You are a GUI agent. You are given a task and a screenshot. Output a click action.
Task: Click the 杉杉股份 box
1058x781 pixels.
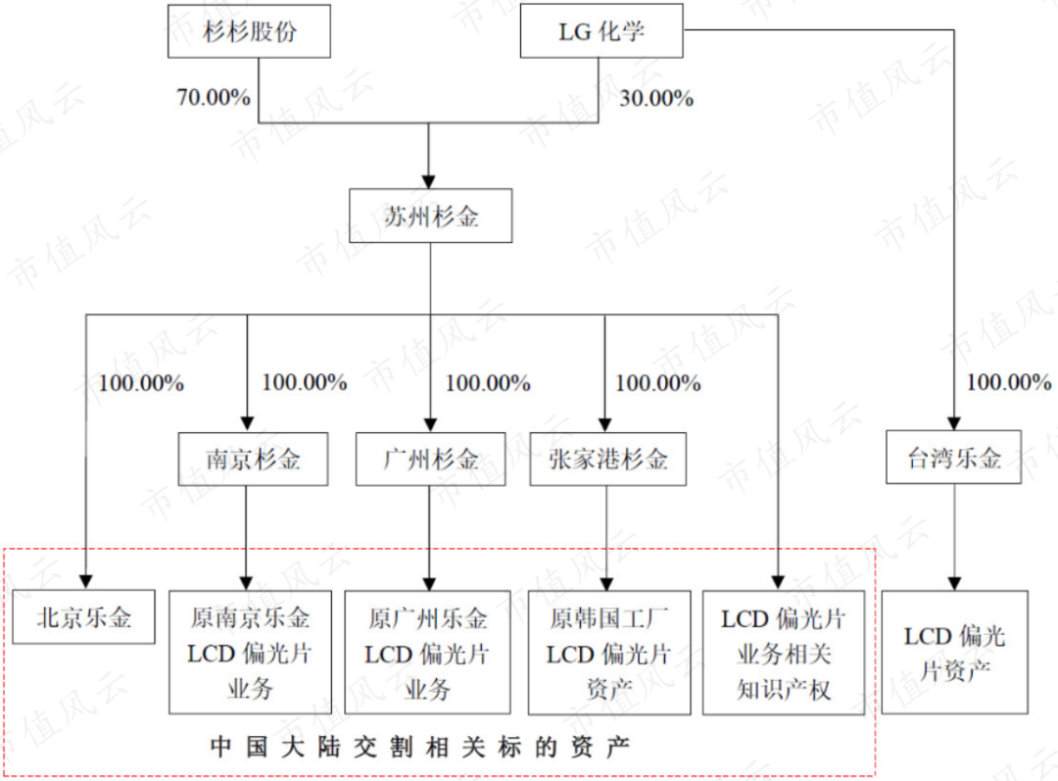pyautogui.click(x=250, y=32)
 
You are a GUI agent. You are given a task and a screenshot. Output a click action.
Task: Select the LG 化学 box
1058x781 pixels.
pyautogui.click(x=601, y=32)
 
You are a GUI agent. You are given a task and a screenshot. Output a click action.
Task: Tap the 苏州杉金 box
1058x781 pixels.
pyautogui.click(x=430, y=216)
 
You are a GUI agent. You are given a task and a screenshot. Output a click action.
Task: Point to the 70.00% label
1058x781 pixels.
pyautogui.click(x=214, y=98)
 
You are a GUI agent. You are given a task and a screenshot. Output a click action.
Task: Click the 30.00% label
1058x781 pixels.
pyautogui.click(x=656, y=98)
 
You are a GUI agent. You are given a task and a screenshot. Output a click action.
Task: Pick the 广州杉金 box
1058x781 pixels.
pyautogui.click(x=430, y=458)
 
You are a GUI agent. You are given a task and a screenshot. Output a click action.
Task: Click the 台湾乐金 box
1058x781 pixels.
pyautogui.click(x=955, y=457)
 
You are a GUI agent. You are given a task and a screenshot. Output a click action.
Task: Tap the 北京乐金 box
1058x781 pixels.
pyautogui.click(x=84, y=617)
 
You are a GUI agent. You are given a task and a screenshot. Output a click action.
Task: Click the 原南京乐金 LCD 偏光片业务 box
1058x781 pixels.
pyautogui.click(x=250, y=652)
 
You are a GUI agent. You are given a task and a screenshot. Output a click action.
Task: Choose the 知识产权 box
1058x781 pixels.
pyautogui.click(x=784, y=652)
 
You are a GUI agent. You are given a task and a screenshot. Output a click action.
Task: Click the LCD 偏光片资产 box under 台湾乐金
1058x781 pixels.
pyautogui.click(x=954, y=652)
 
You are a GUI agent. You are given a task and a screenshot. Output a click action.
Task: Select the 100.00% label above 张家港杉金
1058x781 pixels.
pyautogui.click(x=657, y=382)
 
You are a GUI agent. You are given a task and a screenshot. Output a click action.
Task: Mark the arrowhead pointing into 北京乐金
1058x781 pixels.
pyautogui.click(x=85, y=581)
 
